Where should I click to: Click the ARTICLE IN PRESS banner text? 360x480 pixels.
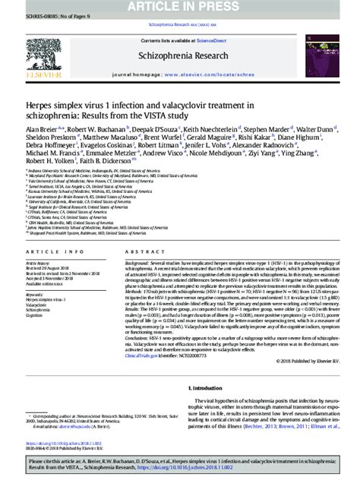click(180, 8)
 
